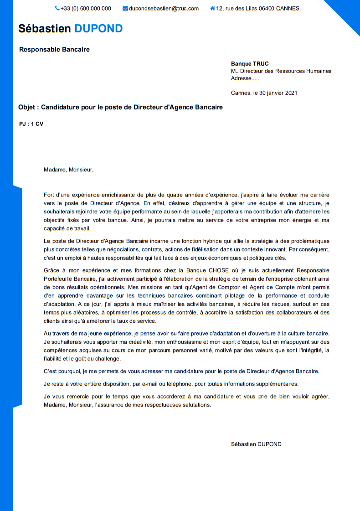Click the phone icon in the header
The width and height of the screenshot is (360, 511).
pos(57,8)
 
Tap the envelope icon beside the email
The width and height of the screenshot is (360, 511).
pos(125,8)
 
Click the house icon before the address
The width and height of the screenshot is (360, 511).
pos(212,8)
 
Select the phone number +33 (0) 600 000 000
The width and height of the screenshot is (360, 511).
pos(86,8)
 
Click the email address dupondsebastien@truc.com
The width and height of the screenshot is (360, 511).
pos(164,8)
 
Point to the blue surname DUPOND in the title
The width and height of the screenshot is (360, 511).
pos(98,28)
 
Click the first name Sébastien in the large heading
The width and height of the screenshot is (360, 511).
pos(45,28)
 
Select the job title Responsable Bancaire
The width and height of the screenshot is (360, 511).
pos(54,49)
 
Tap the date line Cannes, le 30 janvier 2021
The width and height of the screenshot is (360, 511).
pos(264,93)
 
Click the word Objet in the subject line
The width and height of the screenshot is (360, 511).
pos(28,108)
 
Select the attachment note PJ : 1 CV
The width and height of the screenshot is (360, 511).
pos(31,124)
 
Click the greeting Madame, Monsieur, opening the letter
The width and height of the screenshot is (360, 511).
pos(68,170)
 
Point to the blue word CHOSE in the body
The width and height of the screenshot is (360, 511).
pos(219,270)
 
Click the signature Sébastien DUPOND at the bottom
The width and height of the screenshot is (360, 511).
pos(256,444)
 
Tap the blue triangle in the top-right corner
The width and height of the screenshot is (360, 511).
pos(349,11)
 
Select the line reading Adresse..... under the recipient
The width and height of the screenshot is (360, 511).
pos(245,78)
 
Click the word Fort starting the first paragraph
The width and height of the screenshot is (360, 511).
pos(49,195)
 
